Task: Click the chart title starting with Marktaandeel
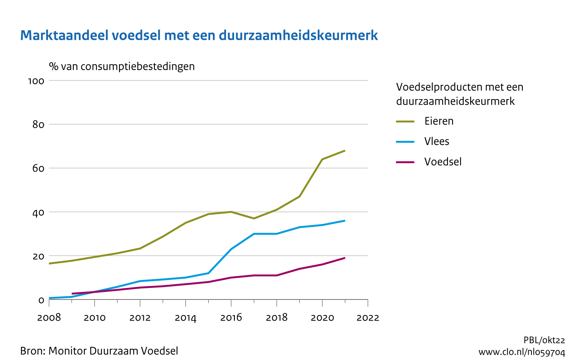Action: tap(199, 35)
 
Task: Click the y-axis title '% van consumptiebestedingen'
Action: tap(122, 66)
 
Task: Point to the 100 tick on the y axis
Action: tap(36, 81)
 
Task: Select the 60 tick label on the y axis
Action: tap(38, 168)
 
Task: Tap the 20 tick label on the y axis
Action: tap(38, 256)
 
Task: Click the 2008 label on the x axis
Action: tap(49, 318)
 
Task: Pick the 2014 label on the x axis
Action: tap(186, 318)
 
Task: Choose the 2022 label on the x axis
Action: tap(368, 318)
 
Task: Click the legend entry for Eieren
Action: tap(439, 121)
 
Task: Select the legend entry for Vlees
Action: tap(437, 141)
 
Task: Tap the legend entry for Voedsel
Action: tap(443, 162)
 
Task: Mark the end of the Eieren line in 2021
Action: tap(345, 151)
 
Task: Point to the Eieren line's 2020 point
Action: tap(322, 159)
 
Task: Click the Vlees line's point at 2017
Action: tap(254, 234)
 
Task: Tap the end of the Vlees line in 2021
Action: tap(345, 221)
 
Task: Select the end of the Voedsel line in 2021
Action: tap(345, 258)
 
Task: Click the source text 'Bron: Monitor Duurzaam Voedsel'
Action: tap(99, 351)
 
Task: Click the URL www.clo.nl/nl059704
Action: tap(521, 352)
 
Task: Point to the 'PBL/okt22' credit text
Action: tap(544, 340)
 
